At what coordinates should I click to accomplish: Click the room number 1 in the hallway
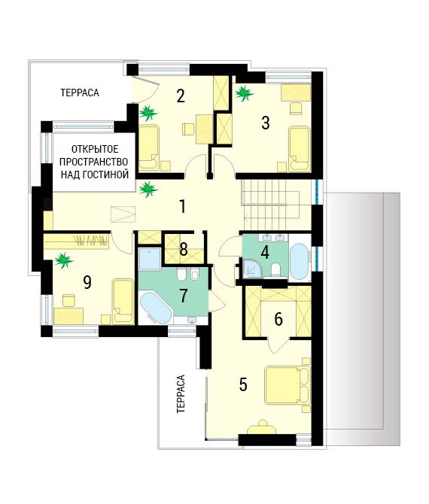point(182,206)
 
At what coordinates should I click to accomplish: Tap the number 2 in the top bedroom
point(181,96)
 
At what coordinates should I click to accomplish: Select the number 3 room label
point(266,123)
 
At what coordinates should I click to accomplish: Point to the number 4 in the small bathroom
point(265,252)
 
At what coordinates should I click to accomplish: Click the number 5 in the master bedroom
point(243,384)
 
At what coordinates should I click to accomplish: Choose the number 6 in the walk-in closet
point(278,319)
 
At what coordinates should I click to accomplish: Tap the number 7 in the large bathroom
point(184,296)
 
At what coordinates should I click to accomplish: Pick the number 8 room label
point(184,249)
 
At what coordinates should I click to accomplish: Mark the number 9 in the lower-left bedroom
point(87,282)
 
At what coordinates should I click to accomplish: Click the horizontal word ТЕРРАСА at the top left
point(80,93)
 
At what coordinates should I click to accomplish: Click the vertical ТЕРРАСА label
point(181,393)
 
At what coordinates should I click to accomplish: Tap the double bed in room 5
point(288,385)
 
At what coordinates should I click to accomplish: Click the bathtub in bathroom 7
point(155,308)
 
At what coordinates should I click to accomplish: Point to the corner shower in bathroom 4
point(252,269)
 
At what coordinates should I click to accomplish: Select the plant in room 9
point(64,260)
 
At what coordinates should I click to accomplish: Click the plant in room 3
point(245,93)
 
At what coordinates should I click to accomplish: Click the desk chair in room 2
point(188,129)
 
